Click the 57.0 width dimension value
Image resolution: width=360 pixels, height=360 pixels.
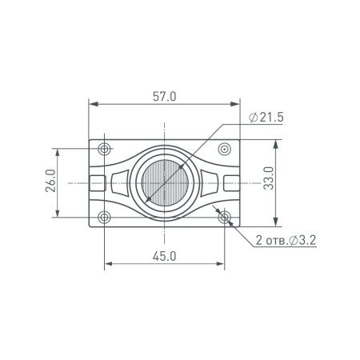pyautogui.click(x=163, y=97)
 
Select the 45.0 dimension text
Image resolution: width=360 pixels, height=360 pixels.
pyautogui.click(x=163, y=255)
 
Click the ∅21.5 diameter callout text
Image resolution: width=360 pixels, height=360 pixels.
pyautogui.click(x=267, y=118)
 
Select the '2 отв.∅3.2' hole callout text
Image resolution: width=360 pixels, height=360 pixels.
pyautogui.click(x=286, y=240)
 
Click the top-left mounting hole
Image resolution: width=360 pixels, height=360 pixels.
pyautogui.click(x=103, y=150)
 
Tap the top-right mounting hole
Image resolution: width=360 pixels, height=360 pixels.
pyautogui.click(x=226, y=150)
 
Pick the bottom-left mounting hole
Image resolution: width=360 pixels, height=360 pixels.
pyautogui.click(x=103, y=217)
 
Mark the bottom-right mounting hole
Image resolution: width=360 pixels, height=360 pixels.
pyautogui.click(x=226, y=217)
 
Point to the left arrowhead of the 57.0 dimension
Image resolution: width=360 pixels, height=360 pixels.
pyautogui.click(x=91, y=104)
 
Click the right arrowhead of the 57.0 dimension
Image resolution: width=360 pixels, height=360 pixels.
pyautogui.click(x=237, y=104)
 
